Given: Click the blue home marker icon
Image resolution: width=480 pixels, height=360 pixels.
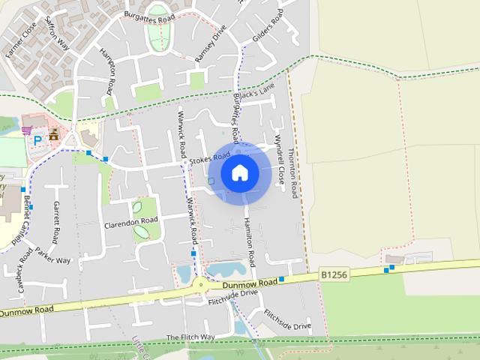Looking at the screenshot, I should click(x=239, y=172).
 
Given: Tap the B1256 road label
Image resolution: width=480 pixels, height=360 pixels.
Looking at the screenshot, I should click(x=334, y=275).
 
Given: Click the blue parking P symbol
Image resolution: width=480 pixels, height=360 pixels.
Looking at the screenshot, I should click(x=36, y=140).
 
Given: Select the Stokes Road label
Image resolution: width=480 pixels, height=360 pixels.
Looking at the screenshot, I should click(x=209, y=158).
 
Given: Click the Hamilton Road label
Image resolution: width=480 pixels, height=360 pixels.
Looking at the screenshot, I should click(x=250, y=241).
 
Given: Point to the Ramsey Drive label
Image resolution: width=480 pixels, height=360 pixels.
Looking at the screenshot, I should click(x=210, y=44).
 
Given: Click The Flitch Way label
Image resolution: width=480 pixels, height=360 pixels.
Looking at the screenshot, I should click(x=190, y=337).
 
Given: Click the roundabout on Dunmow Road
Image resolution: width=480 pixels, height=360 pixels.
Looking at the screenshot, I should click(x=199, y=285).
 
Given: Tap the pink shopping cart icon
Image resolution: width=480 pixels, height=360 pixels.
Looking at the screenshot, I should click(x=27, y=130).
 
